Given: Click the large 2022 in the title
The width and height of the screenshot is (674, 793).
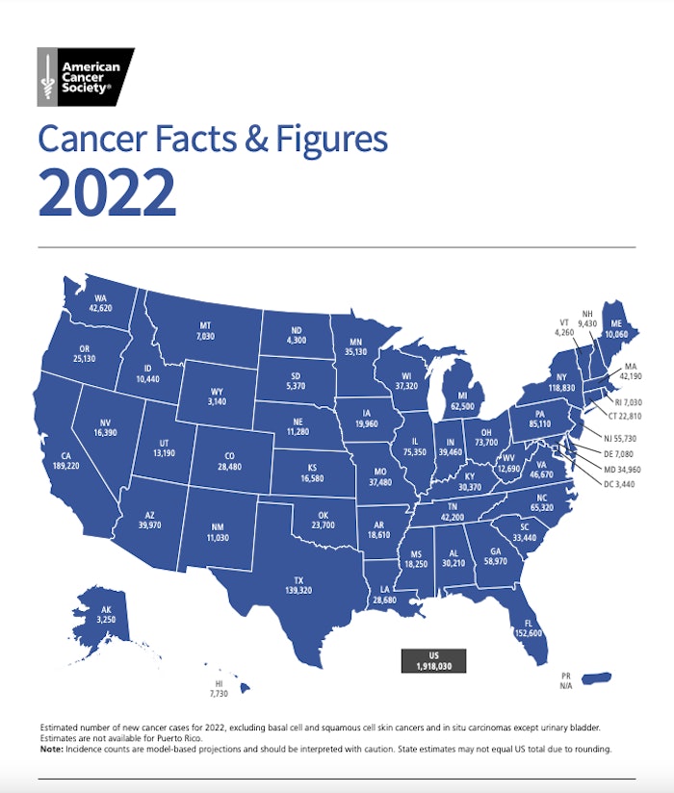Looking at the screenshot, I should (x=107, y=192).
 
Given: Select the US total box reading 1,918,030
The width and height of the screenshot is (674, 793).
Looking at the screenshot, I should (x=433, y=660).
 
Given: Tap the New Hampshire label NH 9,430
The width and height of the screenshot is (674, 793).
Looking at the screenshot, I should (x=587, y=319).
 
